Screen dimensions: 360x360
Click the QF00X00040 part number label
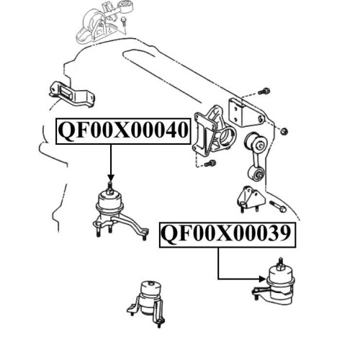pyautogui.click(x=123, y=131)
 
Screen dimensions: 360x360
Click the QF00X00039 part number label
pyautogui.click(x=228, y=235)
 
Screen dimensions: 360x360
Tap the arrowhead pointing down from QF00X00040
pyautogui.click(x=111, y=178)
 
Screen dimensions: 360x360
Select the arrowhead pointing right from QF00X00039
pyautogui.click(x=263, y=279)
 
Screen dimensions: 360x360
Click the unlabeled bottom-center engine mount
pyautogui.click(x=148, y=302)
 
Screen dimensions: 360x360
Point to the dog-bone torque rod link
pyautogui.click(x=256, y=157)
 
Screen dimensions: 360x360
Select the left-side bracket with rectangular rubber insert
pyautogui.click(x=71, y=94)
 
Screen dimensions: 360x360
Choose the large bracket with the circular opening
pyautogui.click(x=214, y=132)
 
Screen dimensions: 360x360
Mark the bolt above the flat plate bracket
pyautogui.click(x=264, y=91)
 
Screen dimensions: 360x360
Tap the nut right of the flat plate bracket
pyautogui.click(x=284, y=131)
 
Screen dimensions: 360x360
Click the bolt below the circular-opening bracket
pyautogui.click(x=210, y=163)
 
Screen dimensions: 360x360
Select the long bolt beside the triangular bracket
pyautogui.click(x=278, y=207)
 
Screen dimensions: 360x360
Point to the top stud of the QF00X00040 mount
pyautogui.click(x=109, y=186)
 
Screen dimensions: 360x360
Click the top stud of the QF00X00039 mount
pyautogui.click(x=279, y=262)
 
